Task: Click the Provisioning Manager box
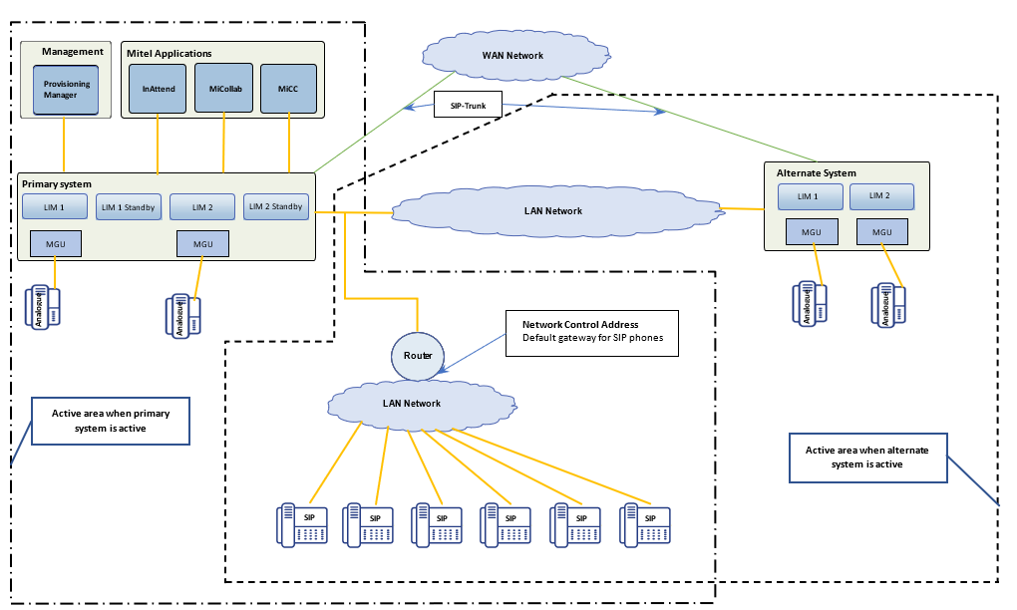point(66,90)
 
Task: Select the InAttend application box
point(159,89)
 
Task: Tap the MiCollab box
point(223,89)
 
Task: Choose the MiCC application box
point(288,89)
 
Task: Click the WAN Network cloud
point(512,55)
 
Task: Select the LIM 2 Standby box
point(273,206)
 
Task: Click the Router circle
point(417,356)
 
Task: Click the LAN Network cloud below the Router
point(412,404)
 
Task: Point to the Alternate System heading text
point(816,173)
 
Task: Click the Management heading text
point(73,52)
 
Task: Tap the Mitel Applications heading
point(169,53)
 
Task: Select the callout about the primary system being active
point(110,423)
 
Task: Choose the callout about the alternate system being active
point(867,457)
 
